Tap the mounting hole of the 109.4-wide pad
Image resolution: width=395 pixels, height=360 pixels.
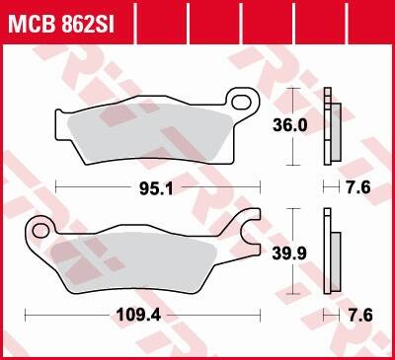40,231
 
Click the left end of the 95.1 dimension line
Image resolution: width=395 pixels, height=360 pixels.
56,185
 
